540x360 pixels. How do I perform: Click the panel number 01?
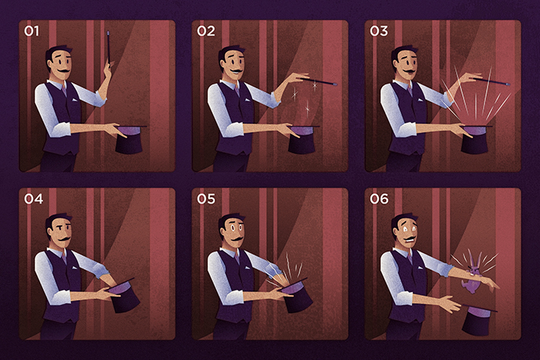32,31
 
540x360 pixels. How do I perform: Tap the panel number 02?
206,31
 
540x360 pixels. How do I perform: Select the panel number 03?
379,31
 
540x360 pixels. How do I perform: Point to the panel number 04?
33,199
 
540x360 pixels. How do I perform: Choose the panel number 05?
206,199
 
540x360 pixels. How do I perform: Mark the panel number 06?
380,199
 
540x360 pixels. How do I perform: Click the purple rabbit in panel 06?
472,272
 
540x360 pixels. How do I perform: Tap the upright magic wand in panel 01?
109,48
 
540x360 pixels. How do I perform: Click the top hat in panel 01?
130,139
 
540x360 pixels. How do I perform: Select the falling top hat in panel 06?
478,320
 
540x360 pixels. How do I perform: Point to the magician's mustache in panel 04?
64,238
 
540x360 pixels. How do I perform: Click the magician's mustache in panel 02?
238,71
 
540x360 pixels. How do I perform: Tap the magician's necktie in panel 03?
410,90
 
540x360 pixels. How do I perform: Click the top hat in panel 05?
297,295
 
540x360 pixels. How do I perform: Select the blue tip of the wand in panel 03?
508,84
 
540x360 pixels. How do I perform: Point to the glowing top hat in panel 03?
475,139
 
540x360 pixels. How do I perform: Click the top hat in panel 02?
302,139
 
